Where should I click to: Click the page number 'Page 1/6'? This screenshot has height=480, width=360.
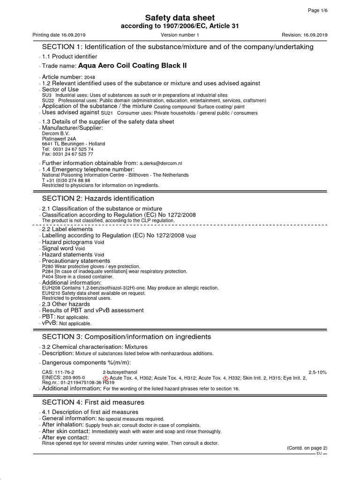coord(318,10)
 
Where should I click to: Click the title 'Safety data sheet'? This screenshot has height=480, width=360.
coord(180,18)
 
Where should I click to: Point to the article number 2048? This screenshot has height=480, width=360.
coord(90,77)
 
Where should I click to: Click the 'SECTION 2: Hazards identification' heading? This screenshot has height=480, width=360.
coord(98,198)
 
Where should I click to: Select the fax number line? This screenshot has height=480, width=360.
coord(67,154)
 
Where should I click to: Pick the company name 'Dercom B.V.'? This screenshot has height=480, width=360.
coord(56,134)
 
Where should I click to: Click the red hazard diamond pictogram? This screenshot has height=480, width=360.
coord(105,378)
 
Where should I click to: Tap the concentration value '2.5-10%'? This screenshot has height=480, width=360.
coord(317,372)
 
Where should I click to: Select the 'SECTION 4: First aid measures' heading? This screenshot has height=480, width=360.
coord(93,402)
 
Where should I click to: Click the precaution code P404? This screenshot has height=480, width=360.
coord(47,277)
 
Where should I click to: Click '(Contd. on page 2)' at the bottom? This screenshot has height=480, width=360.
coord(307,448)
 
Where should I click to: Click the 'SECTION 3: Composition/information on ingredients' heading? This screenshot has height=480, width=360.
coord(127,337)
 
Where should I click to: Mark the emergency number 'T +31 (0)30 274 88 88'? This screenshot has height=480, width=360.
coord(66,180)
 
